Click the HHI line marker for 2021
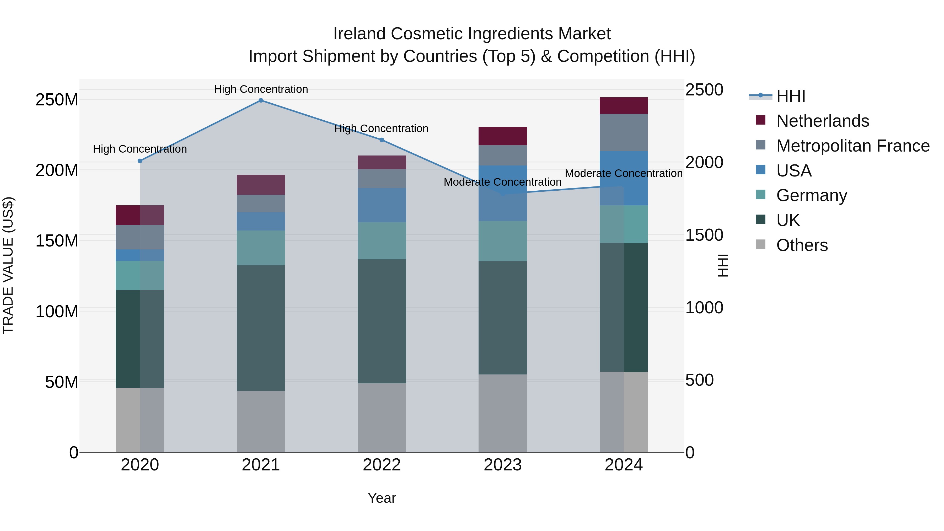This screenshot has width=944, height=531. tap(261, 100)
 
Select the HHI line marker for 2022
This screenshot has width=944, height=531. tap(382, 140)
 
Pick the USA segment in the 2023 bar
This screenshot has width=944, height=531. tap(502, 193)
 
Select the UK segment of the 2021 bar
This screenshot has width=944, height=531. tap(261, 328)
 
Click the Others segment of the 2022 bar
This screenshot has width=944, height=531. tap(382, 418)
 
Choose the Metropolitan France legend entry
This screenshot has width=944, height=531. tap(852, 146)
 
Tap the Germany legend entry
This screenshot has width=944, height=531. tap(811, 195)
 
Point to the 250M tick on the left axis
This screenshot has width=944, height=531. tap(57, 100)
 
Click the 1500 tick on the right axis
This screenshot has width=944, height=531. tap(704, 235)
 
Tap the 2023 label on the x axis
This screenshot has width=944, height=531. tap(502, 465)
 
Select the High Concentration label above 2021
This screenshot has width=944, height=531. tap(261, 89)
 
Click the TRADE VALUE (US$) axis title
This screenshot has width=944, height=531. tap(8, 265)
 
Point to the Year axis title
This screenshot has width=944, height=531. tap(382, 498)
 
